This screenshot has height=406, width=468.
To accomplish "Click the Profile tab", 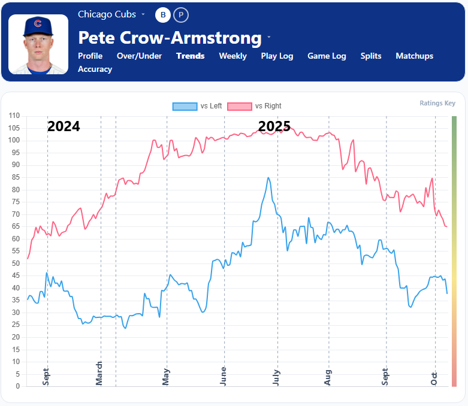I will pos(90,56).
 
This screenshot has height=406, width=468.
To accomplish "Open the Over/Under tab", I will pos(139,56).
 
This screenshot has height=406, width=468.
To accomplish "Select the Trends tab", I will pos(190,56).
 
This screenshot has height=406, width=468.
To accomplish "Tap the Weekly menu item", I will pos(233,56).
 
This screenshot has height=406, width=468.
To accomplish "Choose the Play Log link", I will pos(277,56).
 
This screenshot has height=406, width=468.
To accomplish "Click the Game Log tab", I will pos(327,56).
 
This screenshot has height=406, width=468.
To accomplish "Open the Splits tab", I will pos(371,56).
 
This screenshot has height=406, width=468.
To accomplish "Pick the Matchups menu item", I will pos(414,56).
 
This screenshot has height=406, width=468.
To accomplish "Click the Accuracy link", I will pos(95,69).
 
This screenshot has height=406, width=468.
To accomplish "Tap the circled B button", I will pos(163,14).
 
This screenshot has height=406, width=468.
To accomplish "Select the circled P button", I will pos(181,14).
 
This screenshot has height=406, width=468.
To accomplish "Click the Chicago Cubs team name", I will pos(107,14).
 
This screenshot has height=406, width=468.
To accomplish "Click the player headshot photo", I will pos(38,44).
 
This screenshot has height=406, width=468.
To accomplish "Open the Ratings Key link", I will pos(437,103).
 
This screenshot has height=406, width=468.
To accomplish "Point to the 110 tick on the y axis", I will pos(14,116).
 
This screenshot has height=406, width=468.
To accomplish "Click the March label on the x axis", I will pos(99,373).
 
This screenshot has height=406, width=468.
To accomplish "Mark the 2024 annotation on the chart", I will pos(64,126).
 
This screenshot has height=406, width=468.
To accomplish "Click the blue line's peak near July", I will pos(268,178).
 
